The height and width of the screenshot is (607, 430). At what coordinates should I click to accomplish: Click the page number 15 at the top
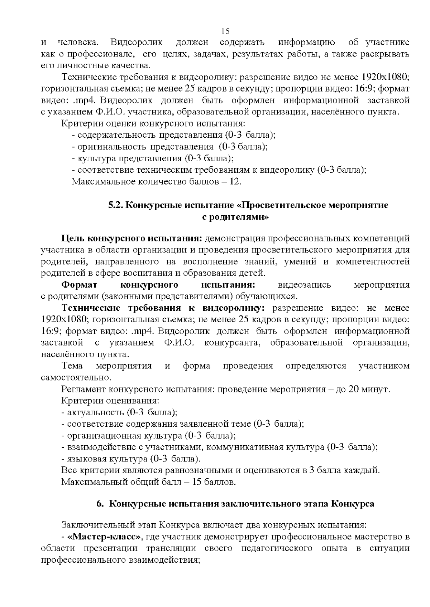click(225, 31)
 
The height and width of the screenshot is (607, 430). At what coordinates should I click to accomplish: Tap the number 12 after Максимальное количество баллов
click(235, 182)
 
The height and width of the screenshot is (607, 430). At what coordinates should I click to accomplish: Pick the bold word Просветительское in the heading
click(278, 206)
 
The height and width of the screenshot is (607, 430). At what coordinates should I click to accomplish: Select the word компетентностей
click(373, 261)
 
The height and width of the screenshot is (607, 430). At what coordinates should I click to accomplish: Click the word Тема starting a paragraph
click(72, 366)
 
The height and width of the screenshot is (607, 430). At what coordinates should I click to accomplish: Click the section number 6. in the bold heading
click(100, 504)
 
